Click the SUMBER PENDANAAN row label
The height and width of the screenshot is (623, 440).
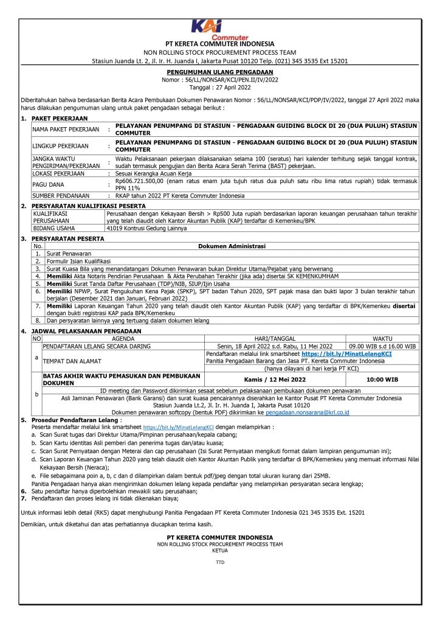click(61, 196)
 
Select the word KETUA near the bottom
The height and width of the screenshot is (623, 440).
click(220, 550)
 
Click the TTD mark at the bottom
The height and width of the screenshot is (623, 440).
click(220, 563)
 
